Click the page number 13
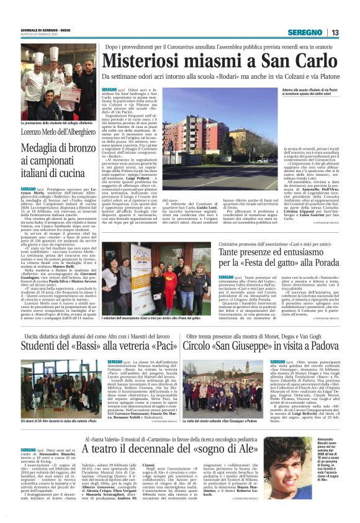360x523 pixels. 335,33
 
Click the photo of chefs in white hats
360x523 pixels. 57,81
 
